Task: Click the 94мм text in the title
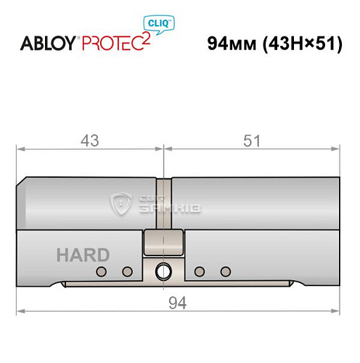coord(225,43)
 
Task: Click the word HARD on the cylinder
coord(83,255)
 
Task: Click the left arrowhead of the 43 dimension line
coord(20,150)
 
